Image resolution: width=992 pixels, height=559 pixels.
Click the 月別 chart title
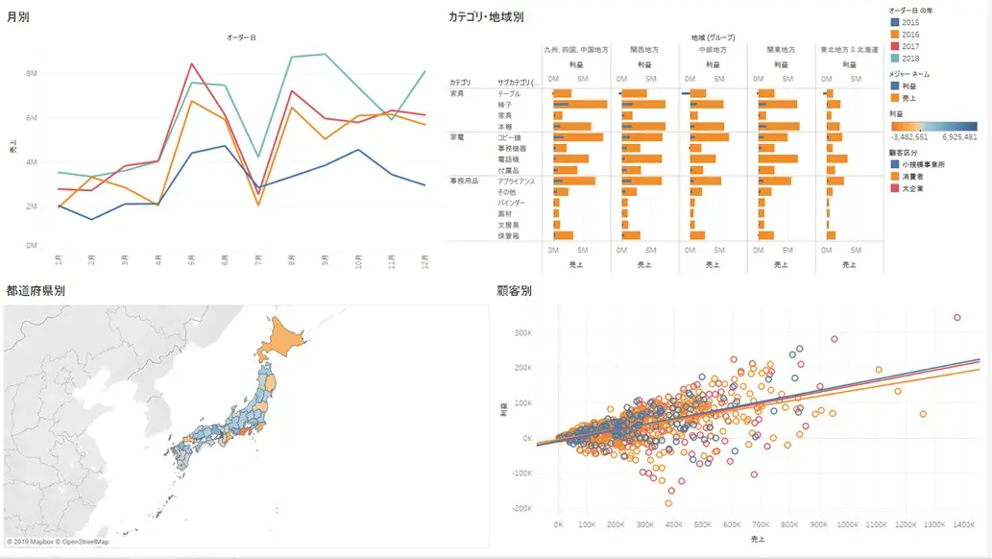[17, 16]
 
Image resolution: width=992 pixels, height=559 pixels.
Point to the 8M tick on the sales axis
[32, 73]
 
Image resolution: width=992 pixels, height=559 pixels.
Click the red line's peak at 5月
[192, 64]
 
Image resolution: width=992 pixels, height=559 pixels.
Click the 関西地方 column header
[644, 48]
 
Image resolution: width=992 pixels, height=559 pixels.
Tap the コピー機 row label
[509, 137]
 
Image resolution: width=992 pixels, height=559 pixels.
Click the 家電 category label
[456, 137]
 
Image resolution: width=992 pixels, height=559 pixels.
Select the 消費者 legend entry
[912, 177]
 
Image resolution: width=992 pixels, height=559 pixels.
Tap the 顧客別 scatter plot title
[514, 289]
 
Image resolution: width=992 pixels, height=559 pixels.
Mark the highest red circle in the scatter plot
[956, 317]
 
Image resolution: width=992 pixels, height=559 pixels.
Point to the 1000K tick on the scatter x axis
[848, 524]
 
